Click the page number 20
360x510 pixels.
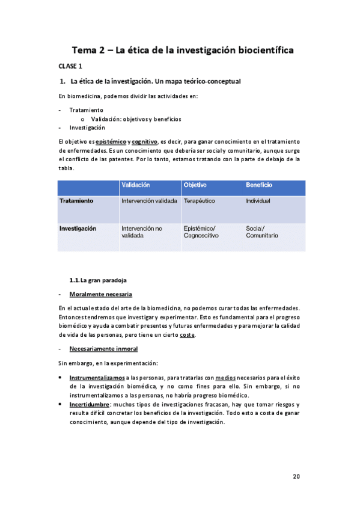[296, 476]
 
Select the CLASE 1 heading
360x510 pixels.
[70, 66]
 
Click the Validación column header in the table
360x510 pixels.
[135, 185]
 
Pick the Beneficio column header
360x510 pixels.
[259, 185]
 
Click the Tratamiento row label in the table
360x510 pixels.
[76, 201]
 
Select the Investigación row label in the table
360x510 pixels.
[78, 229]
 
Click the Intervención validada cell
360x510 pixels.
[149, 201]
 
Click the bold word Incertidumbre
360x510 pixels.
[89, 405]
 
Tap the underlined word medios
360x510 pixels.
[224, 378]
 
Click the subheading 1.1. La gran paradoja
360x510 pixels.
[98, 280]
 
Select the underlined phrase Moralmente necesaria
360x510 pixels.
[100, 294]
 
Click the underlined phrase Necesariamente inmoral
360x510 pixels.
[103, 349]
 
